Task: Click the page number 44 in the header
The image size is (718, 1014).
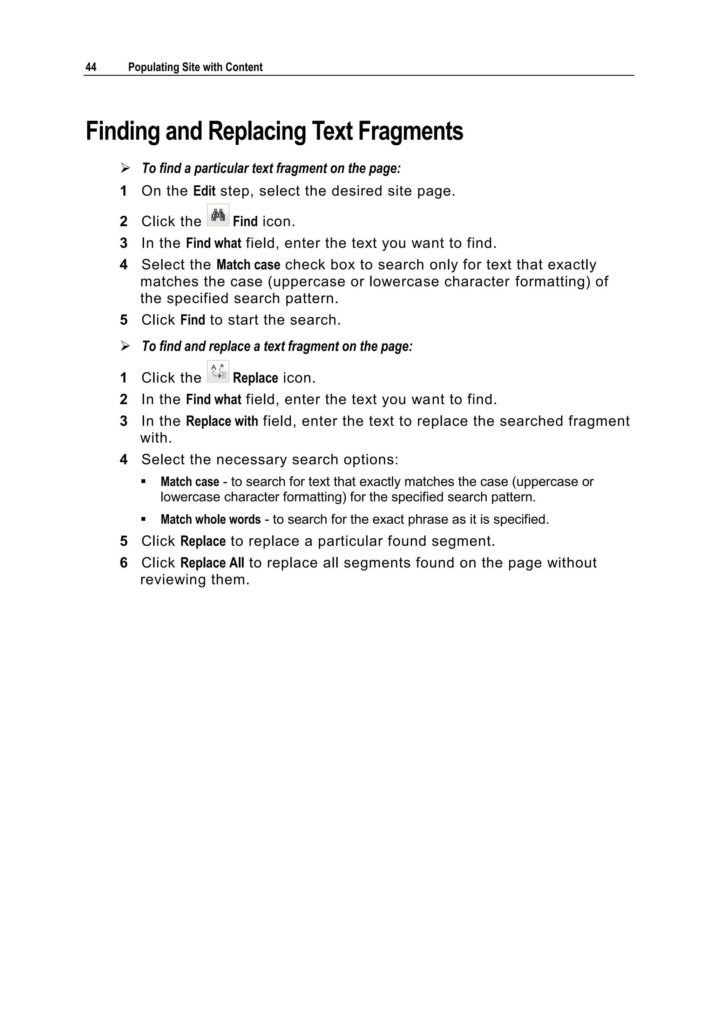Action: (91, 67)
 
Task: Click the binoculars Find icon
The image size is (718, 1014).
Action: (218, 215)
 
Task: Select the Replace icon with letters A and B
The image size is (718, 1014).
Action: (218, 371)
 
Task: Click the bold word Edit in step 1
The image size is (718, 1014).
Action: (204, 191)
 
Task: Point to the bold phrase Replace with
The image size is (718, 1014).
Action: (222, 421)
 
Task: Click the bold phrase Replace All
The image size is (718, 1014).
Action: (212, 563)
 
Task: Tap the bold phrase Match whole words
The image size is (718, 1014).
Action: (210, 519)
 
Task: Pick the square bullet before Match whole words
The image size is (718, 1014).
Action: (143, 519)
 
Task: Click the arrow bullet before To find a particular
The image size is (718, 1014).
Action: (125, 168)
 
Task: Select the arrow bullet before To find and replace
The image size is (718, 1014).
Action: (125, 346)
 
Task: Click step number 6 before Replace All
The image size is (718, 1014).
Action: (124, 563)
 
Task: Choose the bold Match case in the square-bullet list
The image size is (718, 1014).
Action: (190, 482)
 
